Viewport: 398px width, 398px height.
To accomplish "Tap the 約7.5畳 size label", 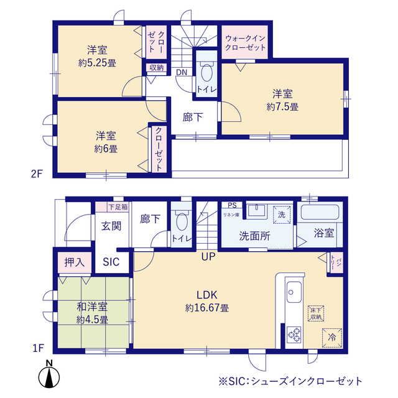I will click(282, 107).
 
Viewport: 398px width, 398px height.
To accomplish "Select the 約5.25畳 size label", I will click(98, 62).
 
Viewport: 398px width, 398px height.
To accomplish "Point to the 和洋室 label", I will click(93, 307).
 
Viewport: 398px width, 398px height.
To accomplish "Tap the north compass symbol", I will click(49, 376).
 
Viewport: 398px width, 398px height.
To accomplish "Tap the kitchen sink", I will click(294, 290).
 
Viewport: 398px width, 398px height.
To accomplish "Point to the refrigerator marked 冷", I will click(331, 336).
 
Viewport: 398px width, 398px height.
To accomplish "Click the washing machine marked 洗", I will click(280, 214).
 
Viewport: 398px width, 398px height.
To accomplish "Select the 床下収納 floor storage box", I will click(315, 313).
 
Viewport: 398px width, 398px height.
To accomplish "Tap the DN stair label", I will click(181, 73).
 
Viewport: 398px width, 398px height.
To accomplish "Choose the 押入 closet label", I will click(75, 262).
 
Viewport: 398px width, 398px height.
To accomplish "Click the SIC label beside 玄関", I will click(112, 262).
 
